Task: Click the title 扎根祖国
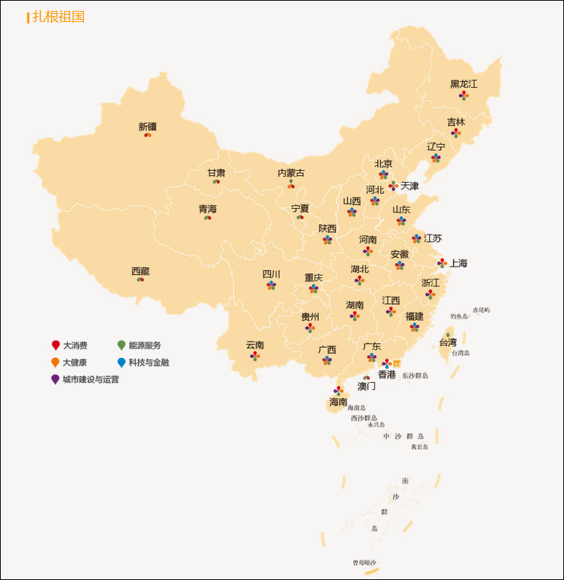click(58, 17)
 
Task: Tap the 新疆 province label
click(147, 126)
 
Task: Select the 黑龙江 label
click(463, 84)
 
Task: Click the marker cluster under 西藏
click(140, 280)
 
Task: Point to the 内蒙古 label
click(291, 173)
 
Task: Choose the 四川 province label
click(271, 275)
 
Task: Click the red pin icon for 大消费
click(55, 346)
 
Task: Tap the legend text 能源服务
click(144, 346)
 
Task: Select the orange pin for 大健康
click(55, 362)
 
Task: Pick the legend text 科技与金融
click(149, 362)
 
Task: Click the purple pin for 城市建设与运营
click(55, 379)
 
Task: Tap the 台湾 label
click(447, 343)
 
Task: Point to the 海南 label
click(338, 402)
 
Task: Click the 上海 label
click(458, 263)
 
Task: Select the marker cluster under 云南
click(255, 356)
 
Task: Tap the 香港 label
click(387, 375)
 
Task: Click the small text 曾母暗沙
click(365, 562)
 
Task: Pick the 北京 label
click(383, 164)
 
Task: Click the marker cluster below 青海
click(207, 218)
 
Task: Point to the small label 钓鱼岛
click(459, 316)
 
